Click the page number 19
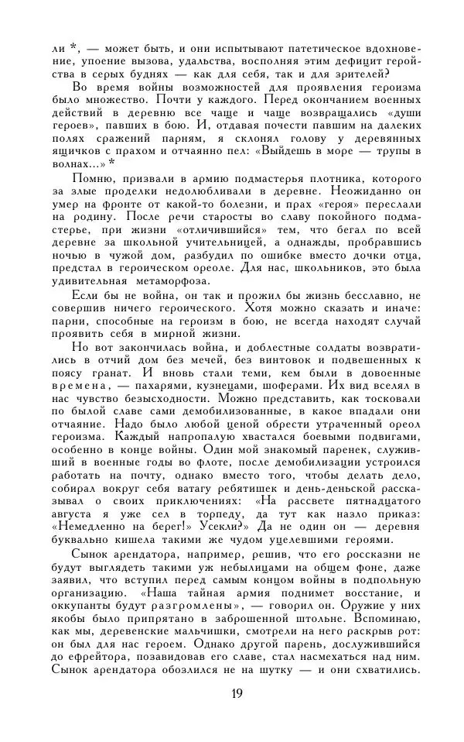coord(237,692)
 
